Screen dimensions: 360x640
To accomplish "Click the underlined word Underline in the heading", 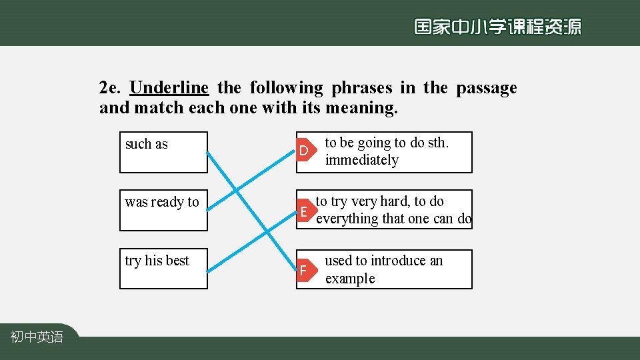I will (169, 88).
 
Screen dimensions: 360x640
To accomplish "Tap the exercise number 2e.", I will (111, 88).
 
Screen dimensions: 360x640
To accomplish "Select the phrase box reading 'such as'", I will (163, 152).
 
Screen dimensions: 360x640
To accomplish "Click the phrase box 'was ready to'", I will (163, 210).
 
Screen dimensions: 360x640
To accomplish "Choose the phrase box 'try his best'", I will (163, 269).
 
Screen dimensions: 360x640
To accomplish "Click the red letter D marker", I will (304, 151).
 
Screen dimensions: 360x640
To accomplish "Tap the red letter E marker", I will (304, 212).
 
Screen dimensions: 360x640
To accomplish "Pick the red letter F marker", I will (304, 271).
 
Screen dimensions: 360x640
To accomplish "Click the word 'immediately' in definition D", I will (361, 160).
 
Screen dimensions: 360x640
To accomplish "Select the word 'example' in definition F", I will (350, 279).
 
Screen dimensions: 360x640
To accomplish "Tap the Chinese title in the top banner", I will (497, 27).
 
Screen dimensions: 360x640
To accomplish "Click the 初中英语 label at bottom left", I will (37, 337).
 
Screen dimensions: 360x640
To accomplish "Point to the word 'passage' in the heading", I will (486, 88).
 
